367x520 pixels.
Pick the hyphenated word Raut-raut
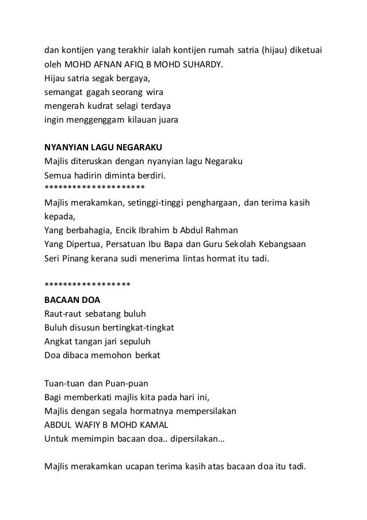pos(63,314)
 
